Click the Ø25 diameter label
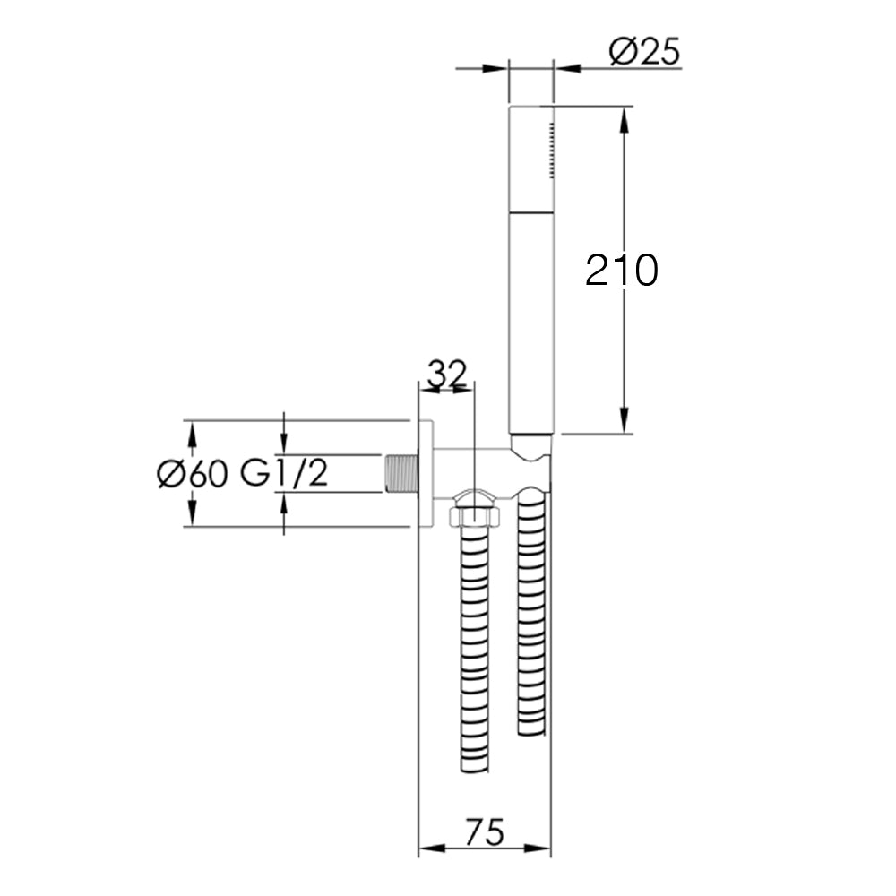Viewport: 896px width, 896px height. [644, 53]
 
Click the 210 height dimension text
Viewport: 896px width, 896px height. [621, 270]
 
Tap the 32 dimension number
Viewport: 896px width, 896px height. [446, 374]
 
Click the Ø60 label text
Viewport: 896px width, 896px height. [191, 473]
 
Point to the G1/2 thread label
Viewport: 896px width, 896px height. [283, 473]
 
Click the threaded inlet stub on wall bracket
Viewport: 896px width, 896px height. [401, 473]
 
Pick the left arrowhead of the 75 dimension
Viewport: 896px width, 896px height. [428, 848]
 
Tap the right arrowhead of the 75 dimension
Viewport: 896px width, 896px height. [542, 848]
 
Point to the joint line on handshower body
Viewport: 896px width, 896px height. [531, 213]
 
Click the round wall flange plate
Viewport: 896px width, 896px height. [426, 473]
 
